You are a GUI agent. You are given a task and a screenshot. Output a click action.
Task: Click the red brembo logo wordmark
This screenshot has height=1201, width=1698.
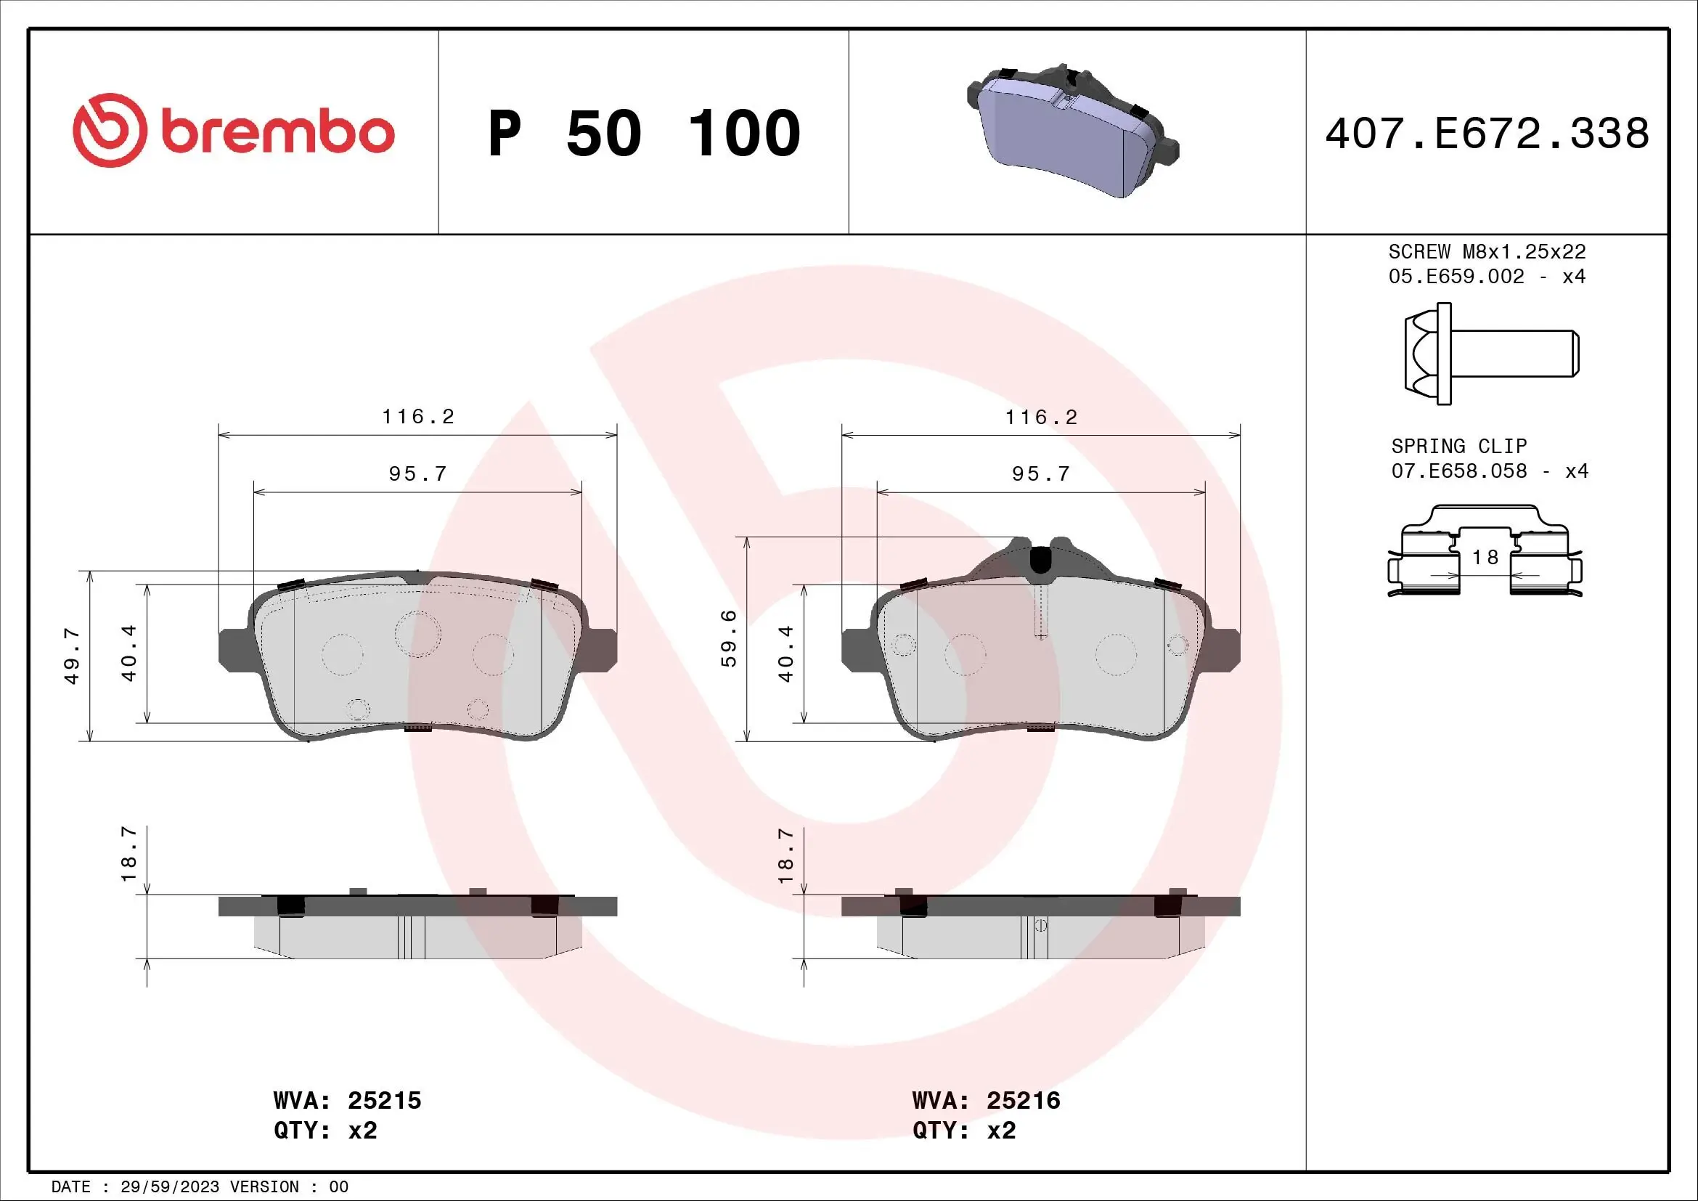pyautogui.click(x=277, y=133)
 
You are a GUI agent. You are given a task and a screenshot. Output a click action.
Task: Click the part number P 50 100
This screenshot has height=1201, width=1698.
pyautogui.click(x=643, y=134)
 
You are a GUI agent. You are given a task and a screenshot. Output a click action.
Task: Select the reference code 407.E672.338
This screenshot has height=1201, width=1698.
pyautogui.click(x=1487, y=134)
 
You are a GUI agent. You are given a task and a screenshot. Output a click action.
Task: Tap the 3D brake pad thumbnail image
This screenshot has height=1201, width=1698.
pyautogui.click(x=1072, y=130)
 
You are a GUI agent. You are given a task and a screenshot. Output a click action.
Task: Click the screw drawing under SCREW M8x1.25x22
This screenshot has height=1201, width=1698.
pyautogui.click(x=1490, y=354)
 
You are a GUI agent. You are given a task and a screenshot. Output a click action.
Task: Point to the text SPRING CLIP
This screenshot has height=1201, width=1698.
pyautogui.click(x=1458, y=446)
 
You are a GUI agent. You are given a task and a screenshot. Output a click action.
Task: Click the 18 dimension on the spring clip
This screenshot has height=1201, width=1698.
pyautogui.click(x=1485, y=557)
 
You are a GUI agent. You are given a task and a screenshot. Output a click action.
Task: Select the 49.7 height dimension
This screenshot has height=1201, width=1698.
pyautogui.click(x=72, y=656)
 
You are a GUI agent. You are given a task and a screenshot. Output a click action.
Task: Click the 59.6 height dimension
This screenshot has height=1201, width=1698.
pyautogui.click(x=729, y=638)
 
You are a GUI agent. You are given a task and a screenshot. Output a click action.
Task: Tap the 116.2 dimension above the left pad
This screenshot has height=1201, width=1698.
pyautogui.click(x=418, y=416)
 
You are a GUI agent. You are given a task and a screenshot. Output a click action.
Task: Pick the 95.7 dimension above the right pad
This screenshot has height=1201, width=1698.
pyautogui.click(x=1040, y=473)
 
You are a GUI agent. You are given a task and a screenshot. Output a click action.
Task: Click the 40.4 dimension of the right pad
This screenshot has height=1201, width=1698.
pyautogui.click(x=785, y=654)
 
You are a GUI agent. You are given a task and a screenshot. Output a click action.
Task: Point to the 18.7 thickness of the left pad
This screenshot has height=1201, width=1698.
pyautogui.click(x=128, y=854)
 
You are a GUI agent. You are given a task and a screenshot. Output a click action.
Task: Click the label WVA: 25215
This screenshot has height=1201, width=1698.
pyautogui.click(x=347, y=1100)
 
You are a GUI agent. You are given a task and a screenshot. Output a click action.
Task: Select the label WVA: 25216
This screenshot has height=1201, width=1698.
pyautogui.click(x=986, y=1100)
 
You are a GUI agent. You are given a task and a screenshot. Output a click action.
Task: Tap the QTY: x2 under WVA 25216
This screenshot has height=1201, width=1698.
pyautogui.click(x=963, y=1131)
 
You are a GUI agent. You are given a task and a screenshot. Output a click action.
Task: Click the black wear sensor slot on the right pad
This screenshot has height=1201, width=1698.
pyautogui.click(x=1040, y=559)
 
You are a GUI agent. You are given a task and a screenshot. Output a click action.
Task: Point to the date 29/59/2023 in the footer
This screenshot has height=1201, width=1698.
pyautogui.click(x=169, y=1187)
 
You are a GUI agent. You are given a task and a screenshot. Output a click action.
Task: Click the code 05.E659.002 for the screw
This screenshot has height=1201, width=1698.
pyautogui.click(x=1456, y=276)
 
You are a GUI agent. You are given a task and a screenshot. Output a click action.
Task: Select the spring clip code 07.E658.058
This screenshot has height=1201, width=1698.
pyautogui.click(x=1458, y=471)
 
